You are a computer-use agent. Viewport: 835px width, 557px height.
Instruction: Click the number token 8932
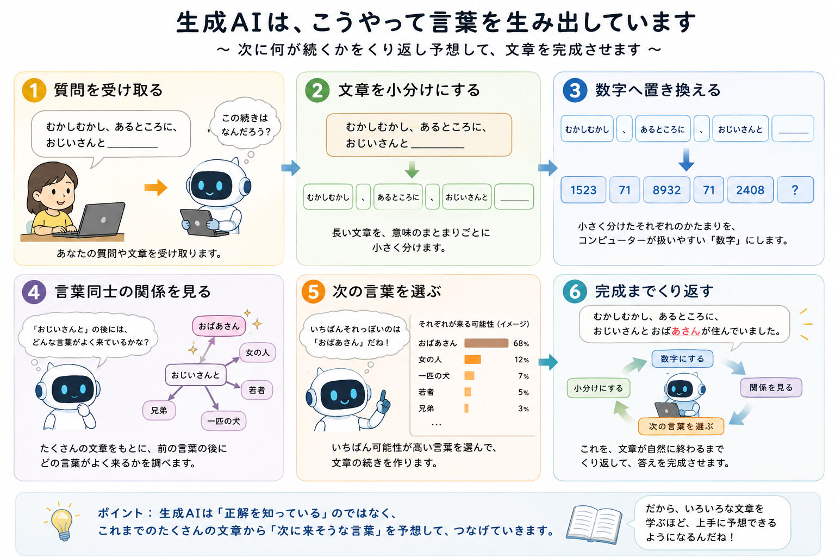click(x=666, y=190)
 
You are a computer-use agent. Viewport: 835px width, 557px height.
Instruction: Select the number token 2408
click(x=750, y=190)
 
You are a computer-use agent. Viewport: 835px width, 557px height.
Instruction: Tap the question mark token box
click(x=795, y=190)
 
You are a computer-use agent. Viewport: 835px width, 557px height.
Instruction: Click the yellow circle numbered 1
click(x=34, y=90)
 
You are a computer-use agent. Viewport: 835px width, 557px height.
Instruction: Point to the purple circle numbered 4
click(x=34, y=292)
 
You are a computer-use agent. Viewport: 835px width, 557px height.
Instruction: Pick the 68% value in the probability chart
click(x=521, y=343)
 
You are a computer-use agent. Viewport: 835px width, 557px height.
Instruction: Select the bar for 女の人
click(x=472, y=359)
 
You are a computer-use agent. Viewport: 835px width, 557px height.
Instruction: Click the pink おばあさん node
click(x=219, y=326)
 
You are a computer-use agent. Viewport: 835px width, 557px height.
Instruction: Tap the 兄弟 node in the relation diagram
click(x=159, y=410)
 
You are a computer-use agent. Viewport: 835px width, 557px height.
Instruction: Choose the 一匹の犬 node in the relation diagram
click(x=223, y=421)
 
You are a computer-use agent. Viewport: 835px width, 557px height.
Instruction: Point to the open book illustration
click(x=594, y=524)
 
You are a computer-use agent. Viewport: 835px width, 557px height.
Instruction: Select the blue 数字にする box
click(x=682, y=358)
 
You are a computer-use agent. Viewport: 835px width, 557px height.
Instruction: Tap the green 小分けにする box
click(x=599, y=388)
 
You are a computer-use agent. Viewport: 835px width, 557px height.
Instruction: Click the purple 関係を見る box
click(x=771, y=387)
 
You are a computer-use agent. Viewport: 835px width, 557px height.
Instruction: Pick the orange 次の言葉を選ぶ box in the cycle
click(x=681, y=426)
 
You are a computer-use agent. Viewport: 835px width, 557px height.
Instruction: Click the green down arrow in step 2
click(x=412, y=169)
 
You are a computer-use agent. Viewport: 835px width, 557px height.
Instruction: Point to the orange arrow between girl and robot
click(x=156, y=187)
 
